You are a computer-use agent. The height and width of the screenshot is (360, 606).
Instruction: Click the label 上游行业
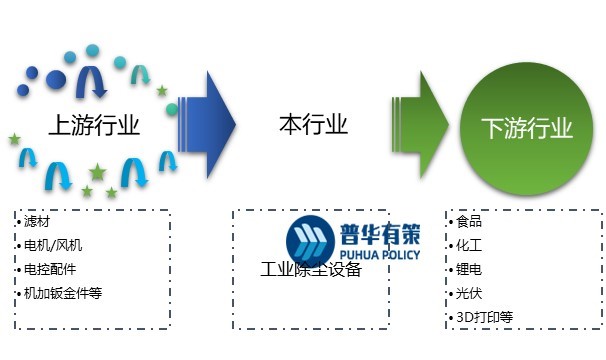point(93,126)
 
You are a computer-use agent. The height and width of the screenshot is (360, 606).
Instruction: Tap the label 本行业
point(313,125)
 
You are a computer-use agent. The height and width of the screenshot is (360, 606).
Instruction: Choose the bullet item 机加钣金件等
point(64,293)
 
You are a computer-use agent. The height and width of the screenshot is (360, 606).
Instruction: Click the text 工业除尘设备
point(310,270)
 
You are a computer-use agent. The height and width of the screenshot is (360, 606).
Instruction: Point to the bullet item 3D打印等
point(484,318)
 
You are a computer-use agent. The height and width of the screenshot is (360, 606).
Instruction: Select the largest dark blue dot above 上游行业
point(57,79)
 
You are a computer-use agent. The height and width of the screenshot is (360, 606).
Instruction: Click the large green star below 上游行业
point(97,172)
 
